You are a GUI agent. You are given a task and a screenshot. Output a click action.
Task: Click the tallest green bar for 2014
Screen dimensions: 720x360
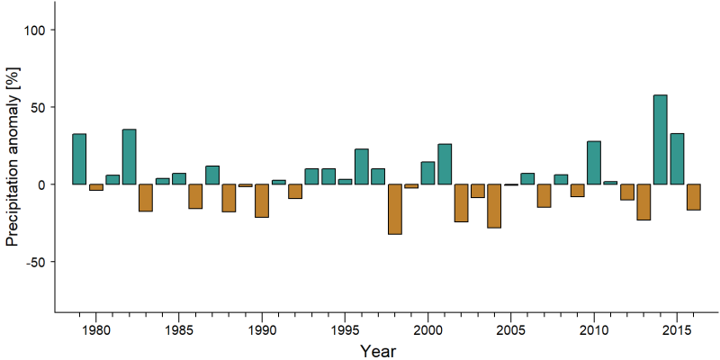(x=661, y=139)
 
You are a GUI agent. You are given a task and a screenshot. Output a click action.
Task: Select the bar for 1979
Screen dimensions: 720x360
(x=79, y=159)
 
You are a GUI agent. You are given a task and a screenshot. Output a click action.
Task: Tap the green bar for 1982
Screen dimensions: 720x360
(x=129, y=157)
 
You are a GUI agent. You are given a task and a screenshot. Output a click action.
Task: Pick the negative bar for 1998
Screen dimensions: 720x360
(x=395, y=210)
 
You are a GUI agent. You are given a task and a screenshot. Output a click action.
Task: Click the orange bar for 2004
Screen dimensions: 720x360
(x=494, y=206)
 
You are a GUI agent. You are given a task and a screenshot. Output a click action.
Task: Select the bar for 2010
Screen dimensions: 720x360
(x=594, y=163)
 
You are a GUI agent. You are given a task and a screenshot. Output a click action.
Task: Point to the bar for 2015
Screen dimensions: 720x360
(x=677, y=159)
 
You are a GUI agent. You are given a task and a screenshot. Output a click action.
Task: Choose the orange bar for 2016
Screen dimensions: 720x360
(x=694, y=197)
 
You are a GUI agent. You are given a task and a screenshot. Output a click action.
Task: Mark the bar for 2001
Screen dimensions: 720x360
(x=445, y=164)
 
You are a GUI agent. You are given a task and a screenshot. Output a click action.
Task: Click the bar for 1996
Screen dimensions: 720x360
(x=362, y=166)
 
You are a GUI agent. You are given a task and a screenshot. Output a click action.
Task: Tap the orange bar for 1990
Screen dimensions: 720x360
(x=262, y=201)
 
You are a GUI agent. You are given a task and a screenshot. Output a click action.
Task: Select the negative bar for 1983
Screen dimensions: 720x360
(x=146, y=198)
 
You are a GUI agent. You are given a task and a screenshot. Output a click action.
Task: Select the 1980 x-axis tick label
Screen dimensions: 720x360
(x=96, y=330)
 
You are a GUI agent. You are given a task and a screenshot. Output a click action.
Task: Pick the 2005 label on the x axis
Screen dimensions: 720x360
(x=510, y=330)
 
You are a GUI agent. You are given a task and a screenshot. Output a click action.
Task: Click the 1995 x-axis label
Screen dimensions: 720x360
(x=345, y=330)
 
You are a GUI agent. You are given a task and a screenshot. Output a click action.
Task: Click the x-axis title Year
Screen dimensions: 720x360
(x=377, y=351)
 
